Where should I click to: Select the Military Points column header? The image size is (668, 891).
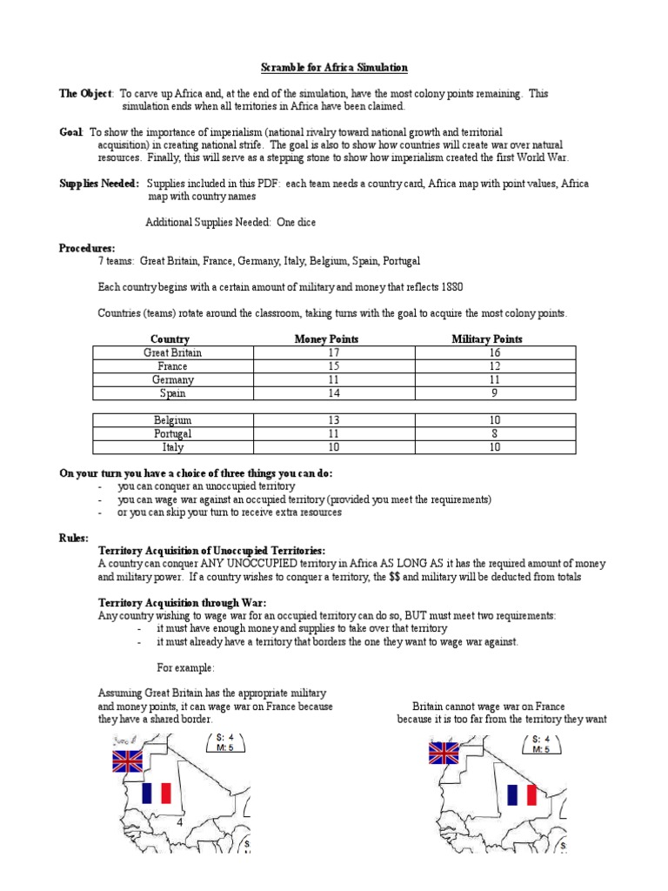click(x=487, y=338)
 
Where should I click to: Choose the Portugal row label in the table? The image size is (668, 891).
click(x=172, y=433)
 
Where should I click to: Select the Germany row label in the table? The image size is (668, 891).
click(x=172, y=380)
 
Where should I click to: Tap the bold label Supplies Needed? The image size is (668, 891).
click(x=98, y=184)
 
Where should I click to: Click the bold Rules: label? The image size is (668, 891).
click(x=74, y=539)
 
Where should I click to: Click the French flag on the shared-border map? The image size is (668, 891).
click(x=157, y=793)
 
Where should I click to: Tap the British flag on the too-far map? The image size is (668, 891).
click(x=444, y=752)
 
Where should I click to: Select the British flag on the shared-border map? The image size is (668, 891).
click(x=127, y=761)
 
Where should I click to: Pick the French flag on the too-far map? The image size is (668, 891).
click(x=523, y=794)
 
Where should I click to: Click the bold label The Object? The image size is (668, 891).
click(x=85, y=93)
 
